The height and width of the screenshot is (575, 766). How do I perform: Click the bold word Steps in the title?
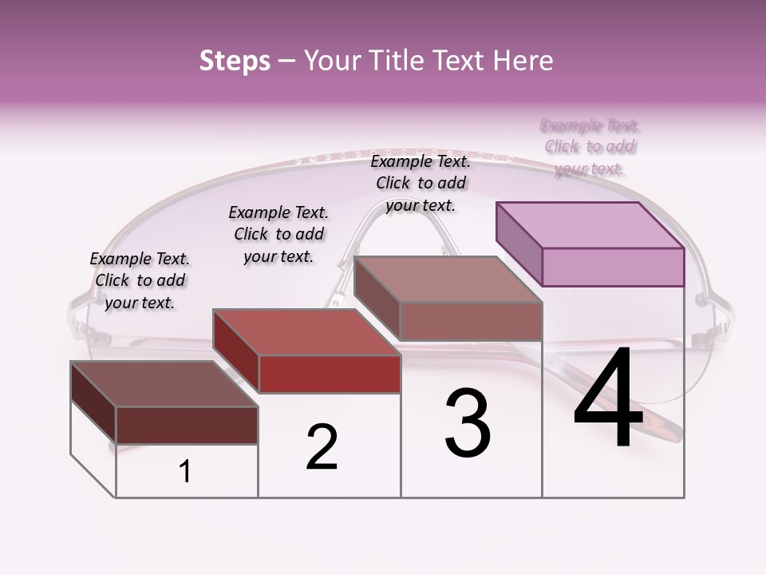[235, 61]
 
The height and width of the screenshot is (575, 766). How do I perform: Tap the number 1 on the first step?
[185, 472]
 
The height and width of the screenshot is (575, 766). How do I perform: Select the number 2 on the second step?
[322, 447]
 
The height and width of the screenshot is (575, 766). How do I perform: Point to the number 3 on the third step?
[468, 423]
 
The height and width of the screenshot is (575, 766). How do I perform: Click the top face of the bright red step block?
[307, 331]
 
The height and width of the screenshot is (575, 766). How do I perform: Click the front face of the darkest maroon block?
[188, 425]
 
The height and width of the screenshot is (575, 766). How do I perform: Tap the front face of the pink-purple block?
[613, 267]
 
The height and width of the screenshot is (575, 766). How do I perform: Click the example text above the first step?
[140, 280]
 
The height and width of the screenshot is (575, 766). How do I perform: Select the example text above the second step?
[278, 234]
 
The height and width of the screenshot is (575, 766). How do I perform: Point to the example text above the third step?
[421, 183]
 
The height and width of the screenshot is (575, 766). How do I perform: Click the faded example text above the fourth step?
[590, 147]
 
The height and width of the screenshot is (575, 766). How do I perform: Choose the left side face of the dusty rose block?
[377, 297]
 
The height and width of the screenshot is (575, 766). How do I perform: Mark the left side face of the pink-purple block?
[519, 243]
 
